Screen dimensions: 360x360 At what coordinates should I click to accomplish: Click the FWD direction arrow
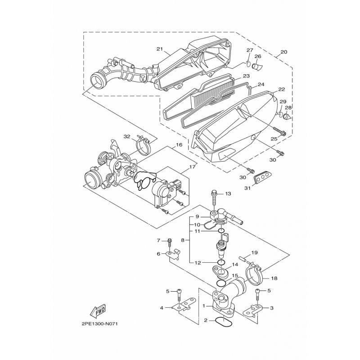point(98,312)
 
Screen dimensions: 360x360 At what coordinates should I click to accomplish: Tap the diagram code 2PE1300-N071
point(99,324)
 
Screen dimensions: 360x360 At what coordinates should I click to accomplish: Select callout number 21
point(160,49)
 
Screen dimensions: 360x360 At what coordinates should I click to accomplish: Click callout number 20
point(284,52)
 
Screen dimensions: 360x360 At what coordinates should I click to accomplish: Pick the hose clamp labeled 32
point(143,145)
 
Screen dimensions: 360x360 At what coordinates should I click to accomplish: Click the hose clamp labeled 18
point(254,274)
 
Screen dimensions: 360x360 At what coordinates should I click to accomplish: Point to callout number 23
point(247,76)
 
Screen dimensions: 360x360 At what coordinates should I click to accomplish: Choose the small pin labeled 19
point(243,259)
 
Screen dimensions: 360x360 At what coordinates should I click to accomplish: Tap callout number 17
point(192,166)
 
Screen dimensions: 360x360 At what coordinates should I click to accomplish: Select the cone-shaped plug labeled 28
point(288,116)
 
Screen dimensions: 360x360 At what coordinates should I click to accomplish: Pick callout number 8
point(183,240)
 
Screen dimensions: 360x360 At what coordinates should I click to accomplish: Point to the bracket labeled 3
point(253,310)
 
